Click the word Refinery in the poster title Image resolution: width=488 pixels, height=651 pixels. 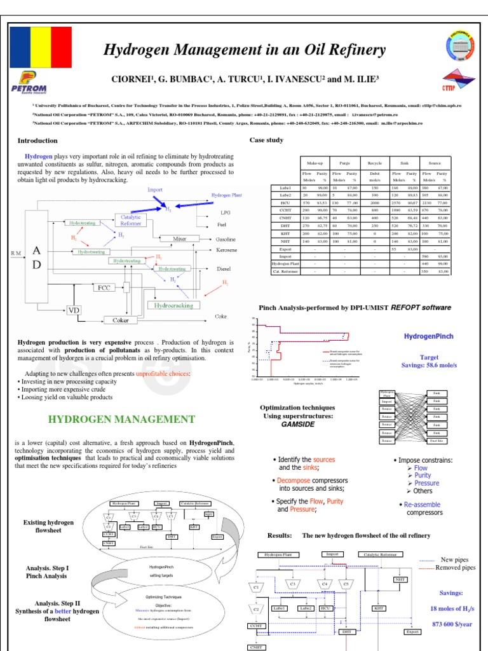[x=353, y=50]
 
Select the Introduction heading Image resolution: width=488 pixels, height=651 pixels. [x=37, y=140]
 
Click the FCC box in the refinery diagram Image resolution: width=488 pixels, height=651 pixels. [x=104, y=287]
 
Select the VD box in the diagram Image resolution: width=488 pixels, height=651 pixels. [x=75, y=310]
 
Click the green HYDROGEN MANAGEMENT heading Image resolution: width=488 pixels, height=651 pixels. [x=122, y=420]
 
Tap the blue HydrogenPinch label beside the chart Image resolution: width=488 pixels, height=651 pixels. [x=427, y=335]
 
